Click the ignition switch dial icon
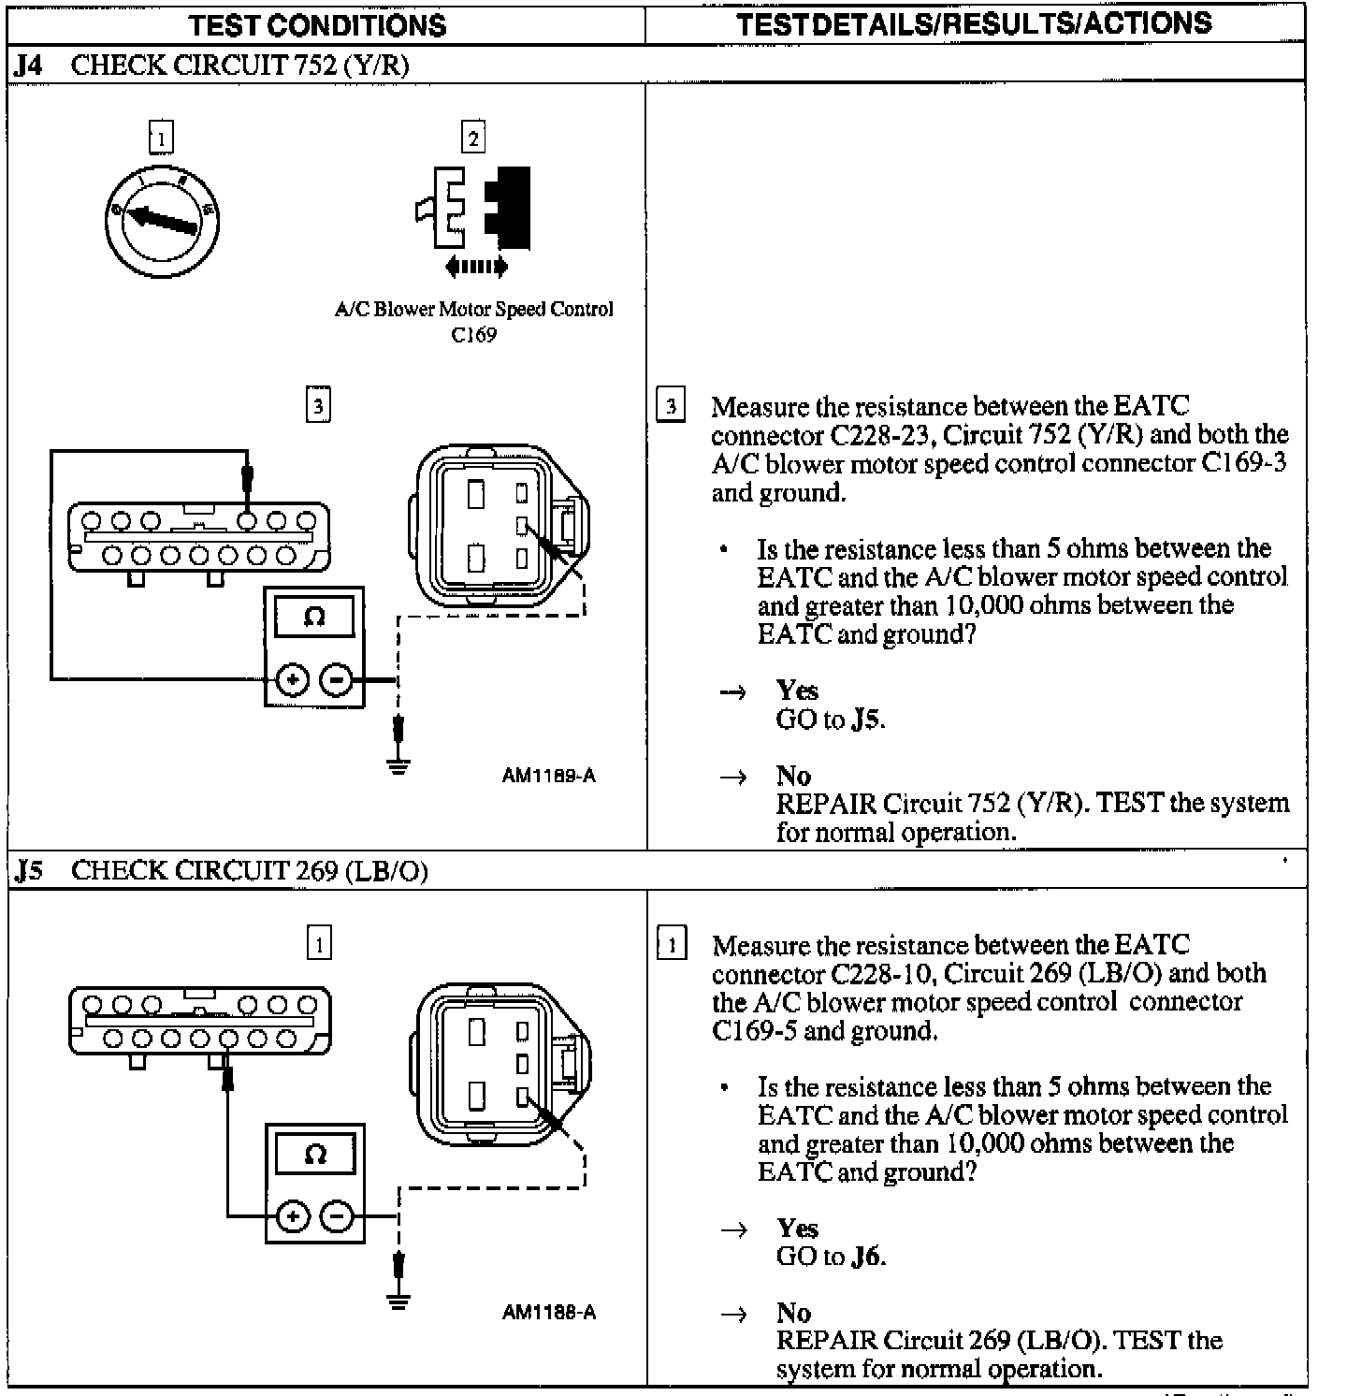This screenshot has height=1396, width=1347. click(x=162, y=221)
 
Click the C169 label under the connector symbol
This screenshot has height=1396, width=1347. click(x=473, y=335)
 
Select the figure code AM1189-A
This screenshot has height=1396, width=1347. click(x=548, y=775)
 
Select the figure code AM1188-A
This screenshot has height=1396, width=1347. click(x=548, y=1312)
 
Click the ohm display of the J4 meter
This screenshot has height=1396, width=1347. click(x=314, y=617)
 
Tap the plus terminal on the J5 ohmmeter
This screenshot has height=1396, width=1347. click(x=293, y=1216)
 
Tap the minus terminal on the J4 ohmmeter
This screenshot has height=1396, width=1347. click(x=336, y=679)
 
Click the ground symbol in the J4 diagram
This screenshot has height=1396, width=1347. click(x=399, y=765)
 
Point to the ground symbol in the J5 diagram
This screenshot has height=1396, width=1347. click(x=399, y=1301)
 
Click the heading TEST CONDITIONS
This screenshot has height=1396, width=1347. click(x=318, y=25)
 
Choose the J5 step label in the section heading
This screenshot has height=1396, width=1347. click(x=29, y=871)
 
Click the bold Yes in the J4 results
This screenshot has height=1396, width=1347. click(x=797, y=691)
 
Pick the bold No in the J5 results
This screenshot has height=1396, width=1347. click(x=793, y=1313)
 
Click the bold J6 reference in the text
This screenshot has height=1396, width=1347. click(x=866, y=1257)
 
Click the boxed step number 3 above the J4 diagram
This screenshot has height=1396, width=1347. click(x=318, y=406)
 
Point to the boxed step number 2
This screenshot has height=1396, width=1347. click(x=473, y=138)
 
